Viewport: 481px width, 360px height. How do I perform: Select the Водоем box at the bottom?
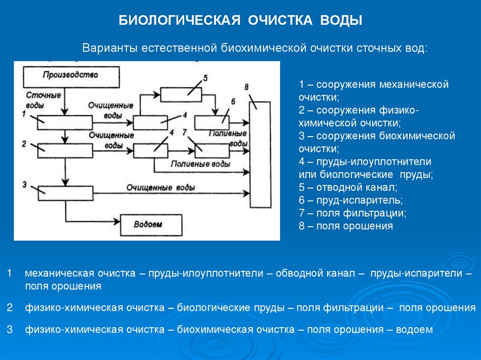[x=152, y=225]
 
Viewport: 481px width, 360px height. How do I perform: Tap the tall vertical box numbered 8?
[x=260, y=155]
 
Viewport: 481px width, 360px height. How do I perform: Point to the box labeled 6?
[x=212, y=123]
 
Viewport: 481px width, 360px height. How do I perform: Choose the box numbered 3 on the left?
[x=65, y=192]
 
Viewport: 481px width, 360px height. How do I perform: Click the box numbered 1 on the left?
[x=65, y=123]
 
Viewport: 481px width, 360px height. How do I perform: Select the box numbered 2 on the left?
[x=65, y=151]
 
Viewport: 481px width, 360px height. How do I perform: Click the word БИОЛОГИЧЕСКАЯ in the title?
[x=179, y=21]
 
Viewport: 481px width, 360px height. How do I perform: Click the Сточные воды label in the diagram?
[x=47, y=100]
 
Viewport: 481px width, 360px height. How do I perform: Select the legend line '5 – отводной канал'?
[x=348, y=187]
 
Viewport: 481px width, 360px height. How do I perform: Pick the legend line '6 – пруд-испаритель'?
[x=351, y=200]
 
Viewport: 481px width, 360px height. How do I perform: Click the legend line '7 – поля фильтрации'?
[x=353, y=213]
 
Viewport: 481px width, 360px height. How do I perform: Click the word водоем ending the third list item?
[x=414, y=329]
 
